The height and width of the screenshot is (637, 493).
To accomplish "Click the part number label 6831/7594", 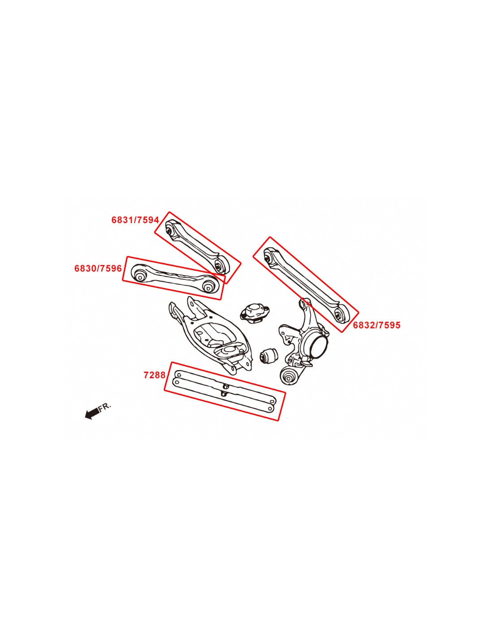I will point(135,220).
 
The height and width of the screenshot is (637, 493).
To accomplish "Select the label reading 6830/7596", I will point(98,268).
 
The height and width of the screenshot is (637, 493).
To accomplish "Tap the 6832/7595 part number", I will point(376,325).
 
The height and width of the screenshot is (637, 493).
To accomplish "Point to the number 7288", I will point(154,375).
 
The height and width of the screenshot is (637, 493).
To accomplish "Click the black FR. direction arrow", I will point(92,413).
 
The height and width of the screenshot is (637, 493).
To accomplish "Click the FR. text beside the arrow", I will point(105,406).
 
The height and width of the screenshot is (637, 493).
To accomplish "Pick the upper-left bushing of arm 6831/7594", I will point(170,229).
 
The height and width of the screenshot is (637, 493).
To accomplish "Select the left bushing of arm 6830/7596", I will point(139,274).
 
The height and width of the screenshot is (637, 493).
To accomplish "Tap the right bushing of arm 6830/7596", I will point(208,286).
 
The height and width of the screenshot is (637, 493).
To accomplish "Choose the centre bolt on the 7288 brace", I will point(225,388).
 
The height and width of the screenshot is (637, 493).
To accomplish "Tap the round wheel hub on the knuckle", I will point(318,346).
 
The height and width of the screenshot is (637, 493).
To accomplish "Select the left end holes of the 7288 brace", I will point(177,379).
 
